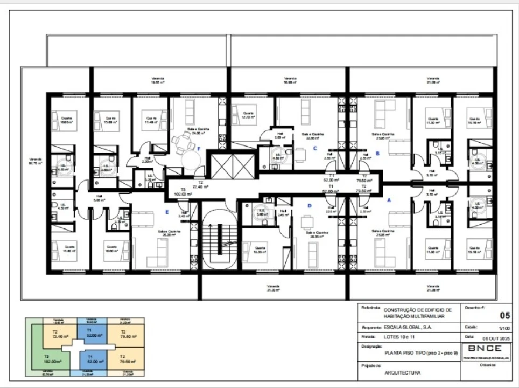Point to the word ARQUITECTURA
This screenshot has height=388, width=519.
click(403, 372)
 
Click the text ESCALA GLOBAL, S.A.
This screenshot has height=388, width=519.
click(408, 327)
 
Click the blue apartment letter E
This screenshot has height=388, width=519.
click(167, 212)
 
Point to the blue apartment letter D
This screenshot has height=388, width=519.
click(309, 205)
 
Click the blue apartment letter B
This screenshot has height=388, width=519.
click(378, 153)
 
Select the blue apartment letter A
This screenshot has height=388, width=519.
click(390, 199)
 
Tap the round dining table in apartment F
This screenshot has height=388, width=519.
click(190, 159)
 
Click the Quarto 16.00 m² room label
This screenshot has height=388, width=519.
click(66, 120)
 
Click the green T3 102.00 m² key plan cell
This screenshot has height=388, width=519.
click(53, 359)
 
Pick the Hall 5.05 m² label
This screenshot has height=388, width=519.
click(99, 198)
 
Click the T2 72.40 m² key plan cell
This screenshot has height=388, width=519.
click(55, 334)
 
